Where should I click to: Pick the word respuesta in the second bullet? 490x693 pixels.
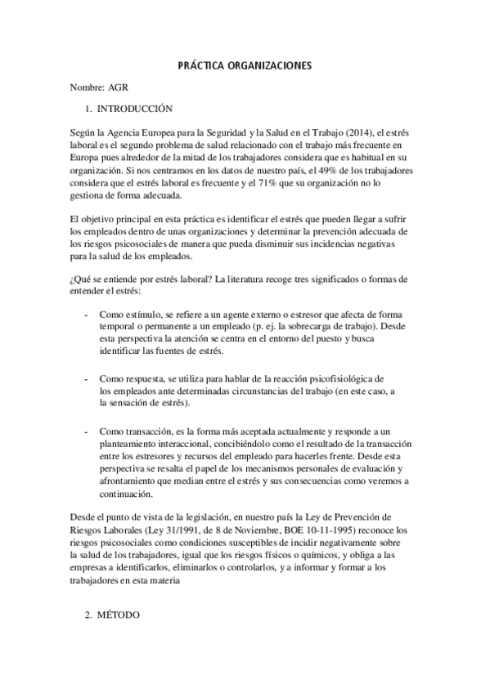point(158,379)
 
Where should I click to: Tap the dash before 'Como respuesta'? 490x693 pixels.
point(88,379)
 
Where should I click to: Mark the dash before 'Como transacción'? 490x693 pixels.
point(88,431)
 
